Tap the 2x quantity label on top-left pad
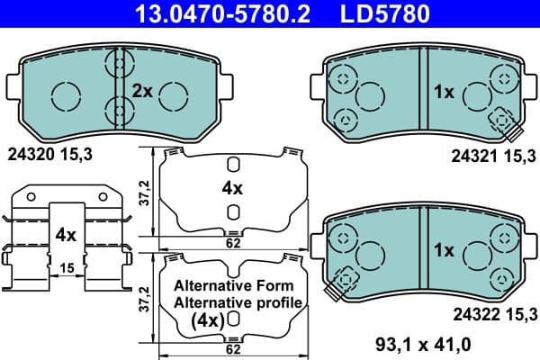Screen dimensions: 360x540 (x=143, y=91)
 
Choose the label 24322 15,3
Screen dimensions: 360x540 (x=491, y=313)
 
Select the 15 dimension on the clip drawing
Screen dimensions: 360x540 (x=67, y=269)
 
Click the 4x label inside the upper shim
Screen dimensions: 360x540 (x=232, y=188)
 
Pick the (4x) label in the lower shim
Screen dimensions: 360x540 (x=207, y=319)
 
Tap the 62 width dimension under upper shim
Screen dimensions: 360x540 (x=233, y=242)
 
